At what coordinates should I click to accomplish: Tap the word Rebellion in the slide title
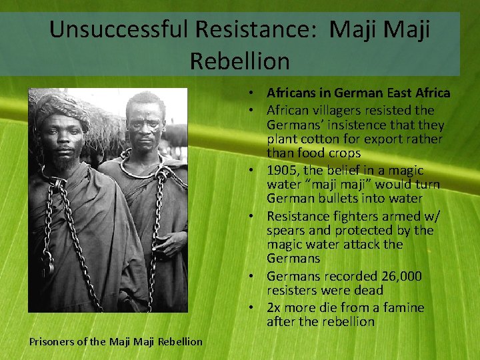[240, 61]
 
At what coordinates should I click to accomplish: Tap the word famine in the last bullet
[401, 307]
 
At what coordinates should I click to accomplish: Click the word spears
[287, 230]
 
